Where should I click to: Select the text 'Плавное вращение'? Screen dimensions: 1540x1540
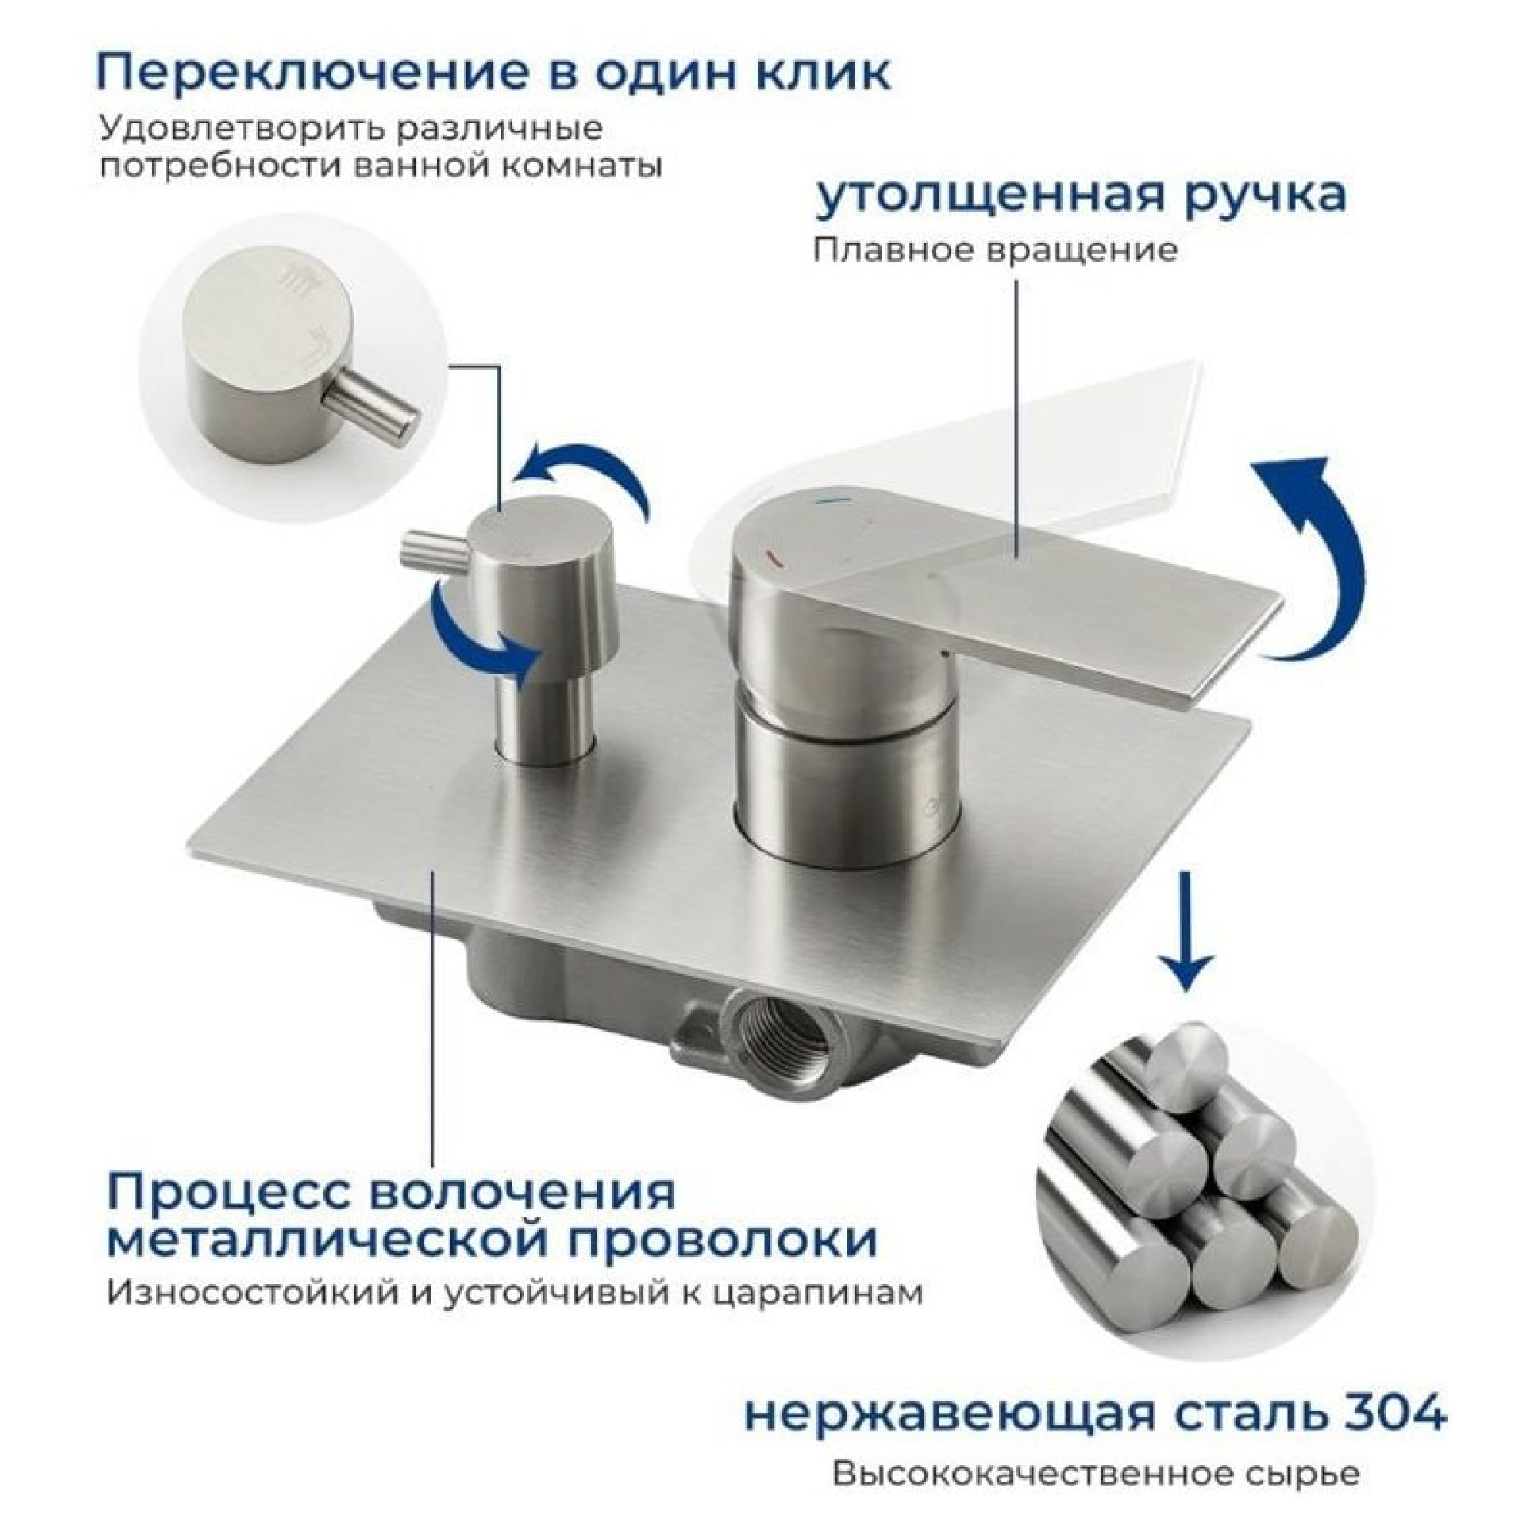(x=995, y=250)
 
